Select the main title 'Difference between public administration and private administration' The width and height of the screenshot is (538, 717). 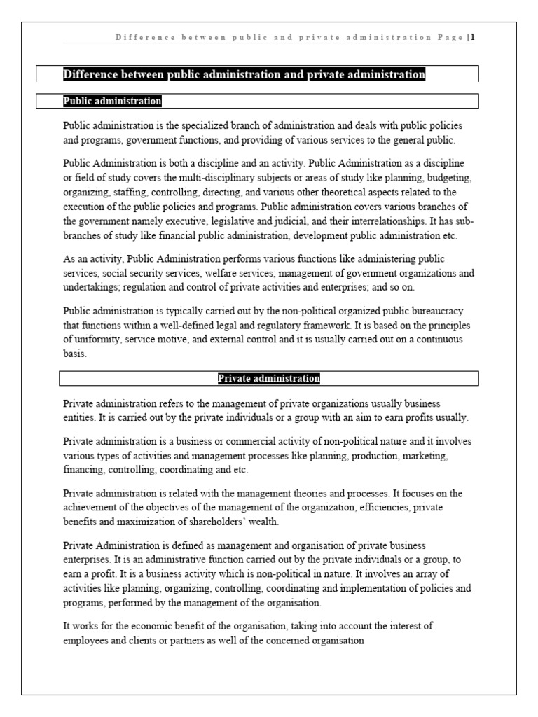[244, 74]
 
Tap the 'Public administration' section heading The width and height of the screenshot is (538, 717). [112, 102]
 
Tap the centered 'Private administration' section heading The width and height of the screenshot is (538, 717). [269, 379]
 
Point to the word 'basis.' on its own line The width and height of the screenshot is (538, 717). [75, 353]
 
